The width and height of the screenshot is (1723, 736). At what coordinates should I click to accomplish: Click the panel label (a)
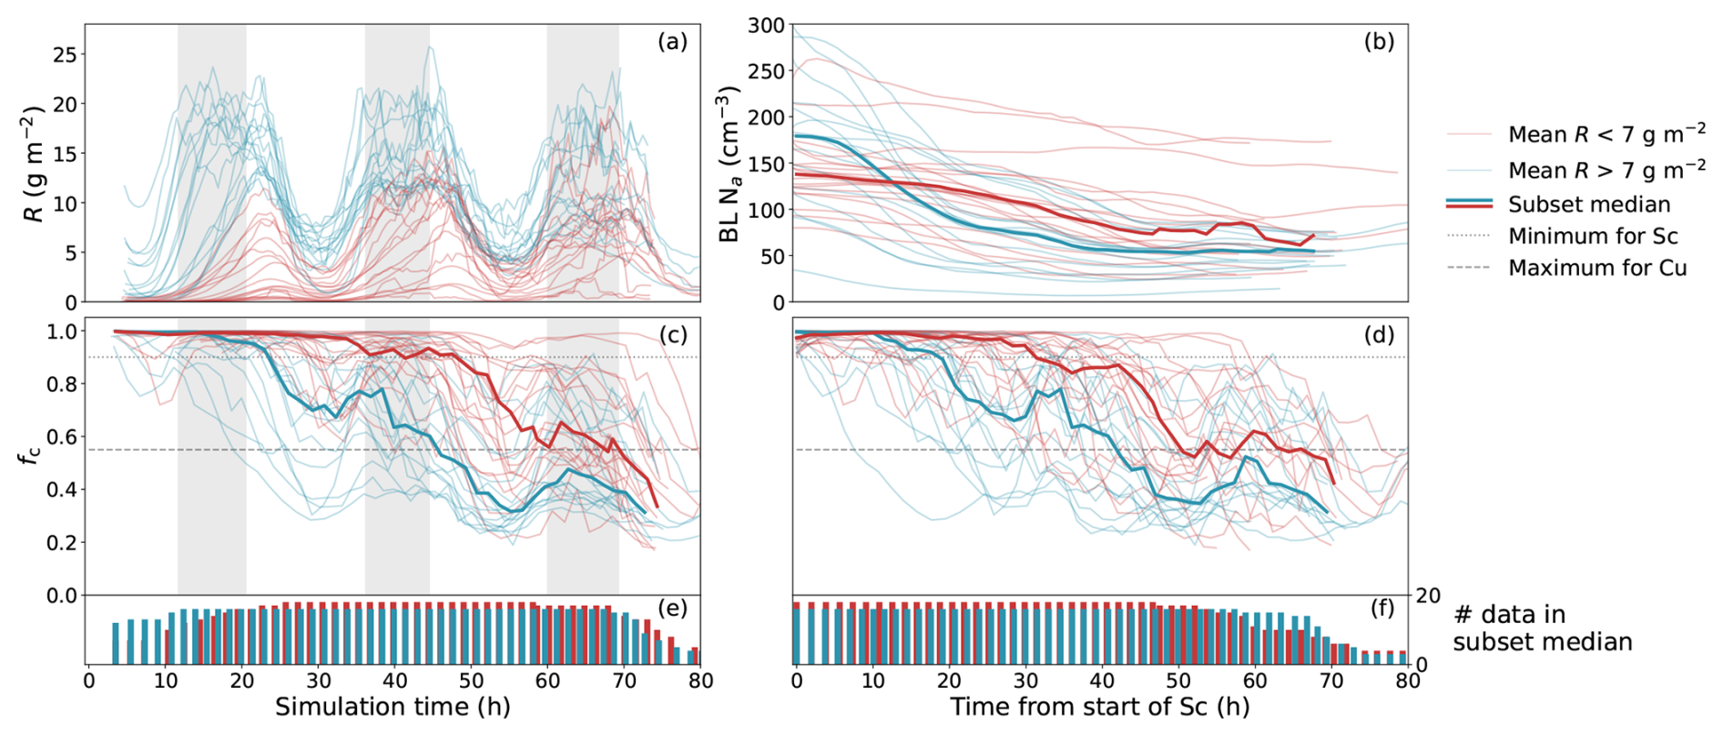pyautogui.click(x=672, y=42)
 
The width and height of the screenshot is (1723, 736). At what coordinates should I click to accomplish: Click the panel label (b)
pyautogui.click(x=1379, y=42)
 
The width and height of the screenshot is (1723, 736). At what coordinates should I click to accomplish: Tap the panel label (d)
pyautogui.click(x=1379, y=335)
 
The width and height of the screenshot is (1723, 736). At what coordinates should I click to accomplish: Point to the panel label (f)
pyautogui.click(x=1381, y=608)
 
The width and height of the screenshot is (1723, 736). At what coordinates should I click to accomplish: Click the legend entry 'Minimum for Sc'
pyautogui.click(x=1592, y=236)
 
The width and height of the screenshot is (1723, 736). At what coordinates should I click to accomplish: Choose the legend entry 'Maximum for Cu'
pyautogui.click(x=1596, y=268)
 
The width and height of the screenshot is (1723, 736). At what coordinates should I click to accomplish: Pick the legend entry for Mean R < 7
pyautogui.click(x=1606, y=135)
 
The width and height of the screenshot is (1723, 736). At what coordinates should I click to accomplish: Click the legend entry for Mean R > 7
pyautogui.click(x=1606, y=170)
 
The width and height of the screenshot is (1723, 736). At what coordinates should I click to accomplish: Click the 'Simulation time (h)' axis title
pyautogui.click(x=393, y=707)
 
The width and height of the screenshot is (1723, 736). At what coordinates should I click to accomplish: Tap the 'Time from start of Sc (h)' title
pyautogui.click(x=1099, y=707)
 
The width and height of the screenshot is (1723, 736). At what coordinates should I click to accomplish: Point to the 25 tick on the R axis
pyautogui.click(x=65, y=55)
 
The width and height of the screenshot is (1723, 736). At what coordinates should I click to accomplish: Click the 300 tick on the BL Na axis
pyautogui.click(x=766, y=26)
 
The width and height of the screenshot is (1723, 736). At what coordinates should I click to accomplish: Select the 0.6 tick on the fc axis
pyautogui.click(x=63, y=437)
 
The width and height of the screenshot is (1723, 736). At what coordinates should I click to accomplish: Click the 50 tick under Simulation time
pyautogui.click(x=471, y=680)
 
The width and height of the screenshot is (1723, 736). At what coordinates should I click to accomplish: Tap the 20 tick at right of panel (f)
pyautogui.click(x=1427, y=597)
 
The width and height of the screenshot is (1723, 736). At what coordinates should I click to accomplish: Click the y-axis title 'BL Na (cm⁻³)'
pyautogui.click(x=729, y=164)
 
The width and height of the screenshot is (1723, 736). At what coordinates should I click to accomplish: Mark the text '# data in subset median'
pyautogui.click(x=1542, y=628)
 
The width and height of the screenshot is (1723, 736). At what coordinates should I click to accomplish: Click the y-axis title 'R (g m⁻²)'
pyautogui.click(x=34, y=164)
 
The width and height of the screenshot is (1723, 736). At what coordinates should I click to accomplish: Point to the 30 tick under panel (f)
pyautogui.click(x=1025, y=680)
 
